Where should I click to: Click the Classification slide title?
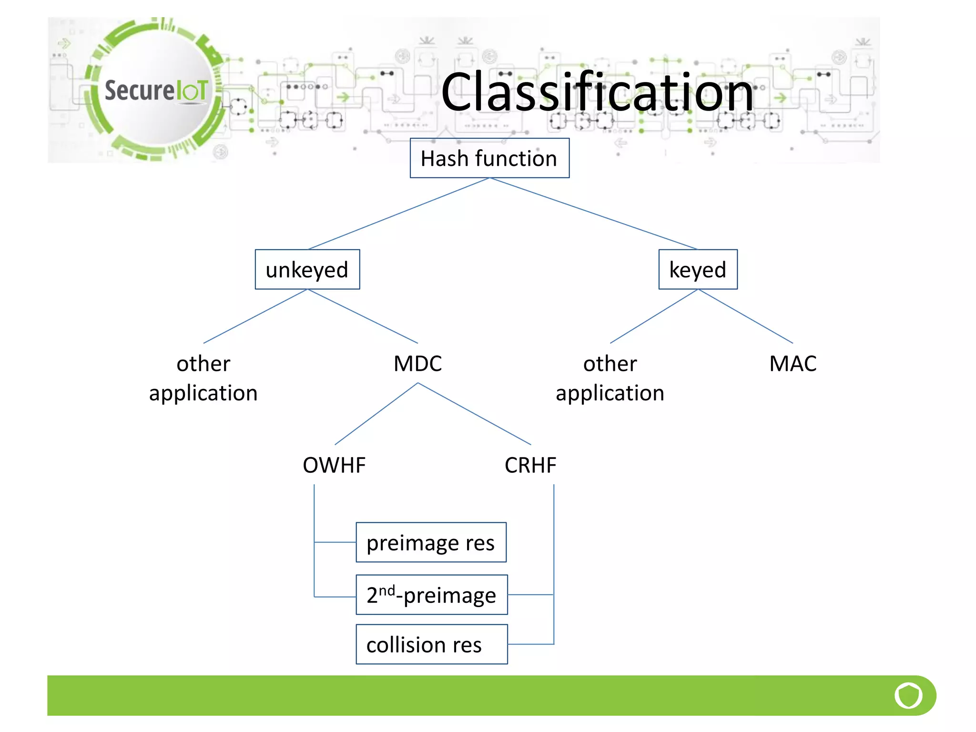tap(597, 92)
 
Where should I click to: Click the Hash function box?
tap(489, 158)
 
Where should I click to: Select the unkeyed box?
tap(307, 269)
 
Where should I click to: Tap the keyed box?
tap(698, 269)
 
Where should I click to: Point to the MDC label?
tap(417, 364)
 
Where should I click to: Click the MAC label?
tap(793, 364)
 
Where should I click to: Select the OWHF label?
tap(334, 465)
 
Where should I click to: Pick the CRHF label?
tap(530, 465)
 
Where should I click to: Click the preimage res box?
tap(431, 542)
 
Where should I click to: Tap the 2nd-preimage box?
tap(431, 595)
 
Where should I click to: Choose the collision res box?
tap(431, 644)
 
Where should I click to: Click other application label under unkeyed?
tap(203, 378)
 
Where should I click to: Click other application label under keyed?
tap(610, 378)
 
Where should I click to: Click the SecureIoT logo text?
tap(156, 91)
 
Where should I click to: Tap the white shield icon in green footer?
tap(908, 695)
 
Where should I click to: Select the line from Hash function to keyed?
tap(593, 213)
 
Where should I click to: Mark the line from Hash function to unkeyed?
tap(399, 213)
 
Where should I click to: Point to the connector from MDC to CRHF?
tap(474, 414)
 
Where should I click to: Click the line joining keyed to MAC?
tap(746, 316)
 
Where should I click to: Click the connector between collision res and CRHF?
tap(530, 644)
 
